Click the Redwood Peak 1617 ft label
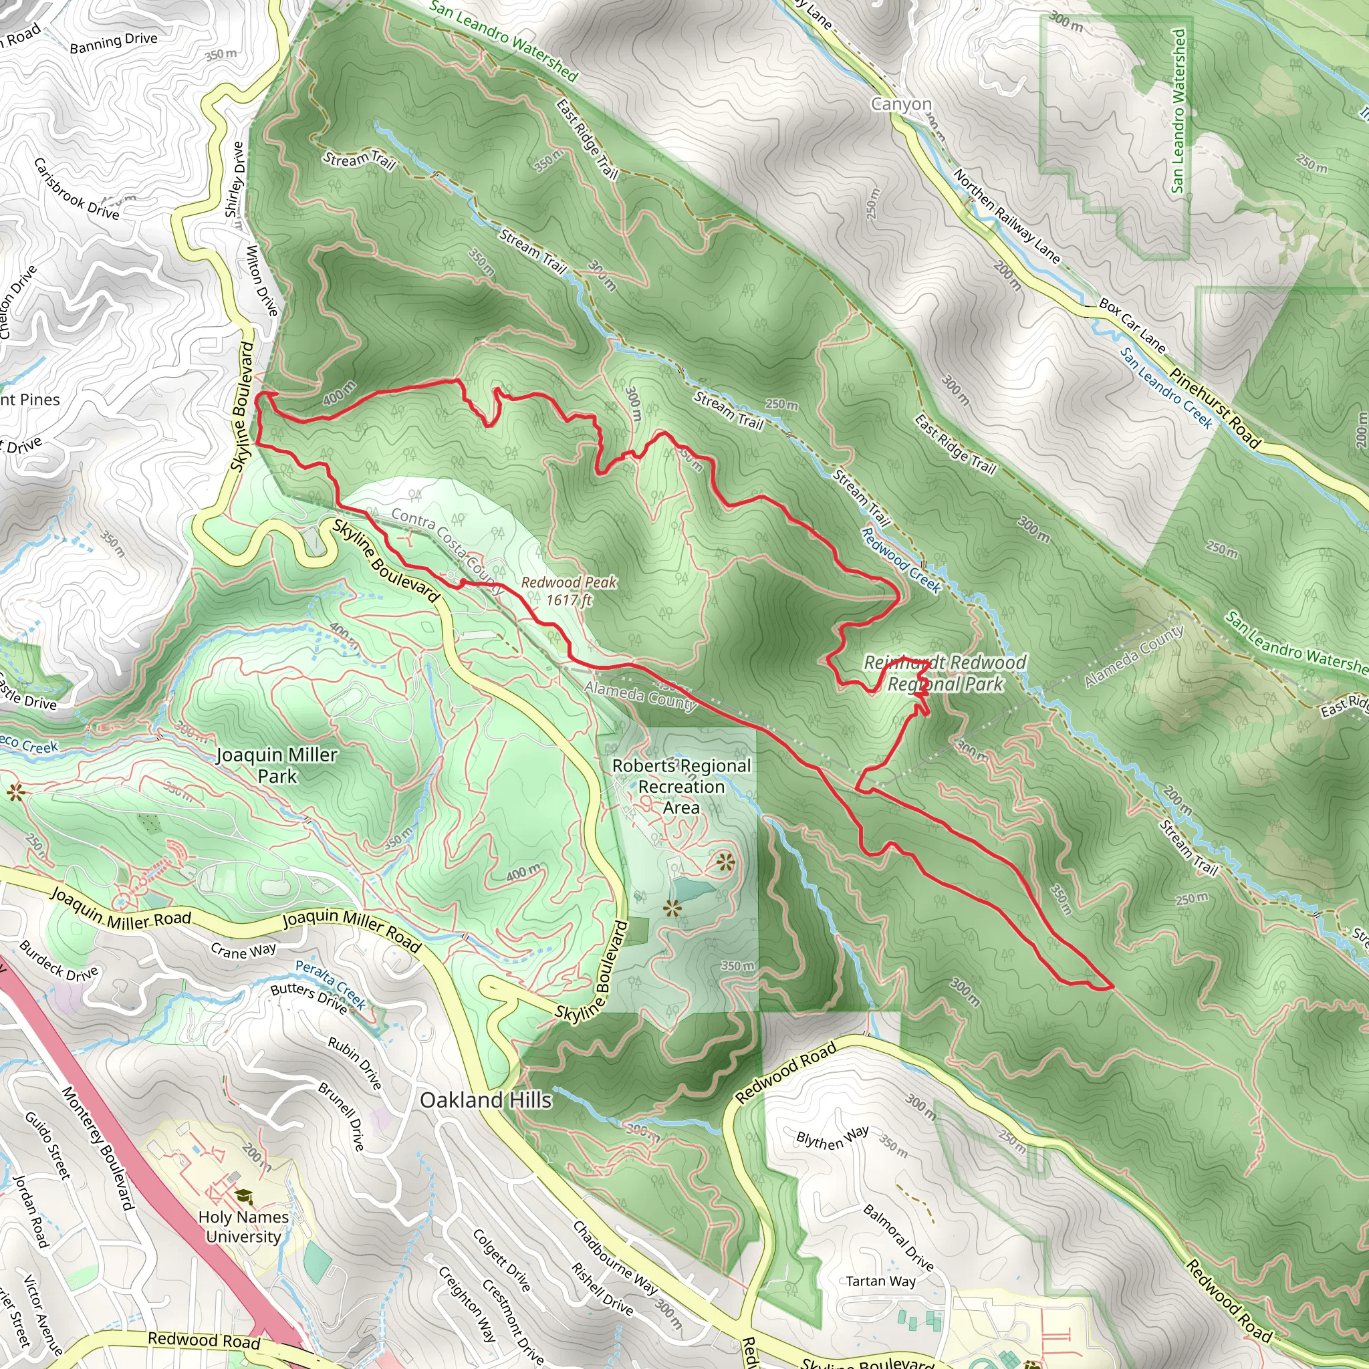click(x=569, y=591)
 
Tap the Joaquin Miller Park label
click(x=277, y=765)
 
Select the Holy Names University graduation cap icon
click(x=243, y=1197)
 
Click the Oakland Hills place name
click(x=485, y=1100)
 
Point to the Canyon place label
click(x=901, y=104)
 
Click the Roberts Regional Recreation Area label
click(x=681, y=787)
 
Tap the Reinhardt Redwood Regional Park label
click(x=945, y=673)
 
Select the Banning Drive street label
click(x=114, y=42)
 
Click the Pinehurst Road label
click(x=1215, y=408)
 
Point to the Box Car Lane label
click(x=1132, y=326)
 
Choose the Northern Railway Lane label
click(x=1006, y=216)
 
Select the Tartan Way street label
click(x=881, y=1281)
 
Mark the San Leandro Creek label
click(x=1166, y=388)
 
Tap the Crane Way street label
click(x=243, y=951)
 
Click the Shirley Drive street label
click(x=235, y=180)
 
